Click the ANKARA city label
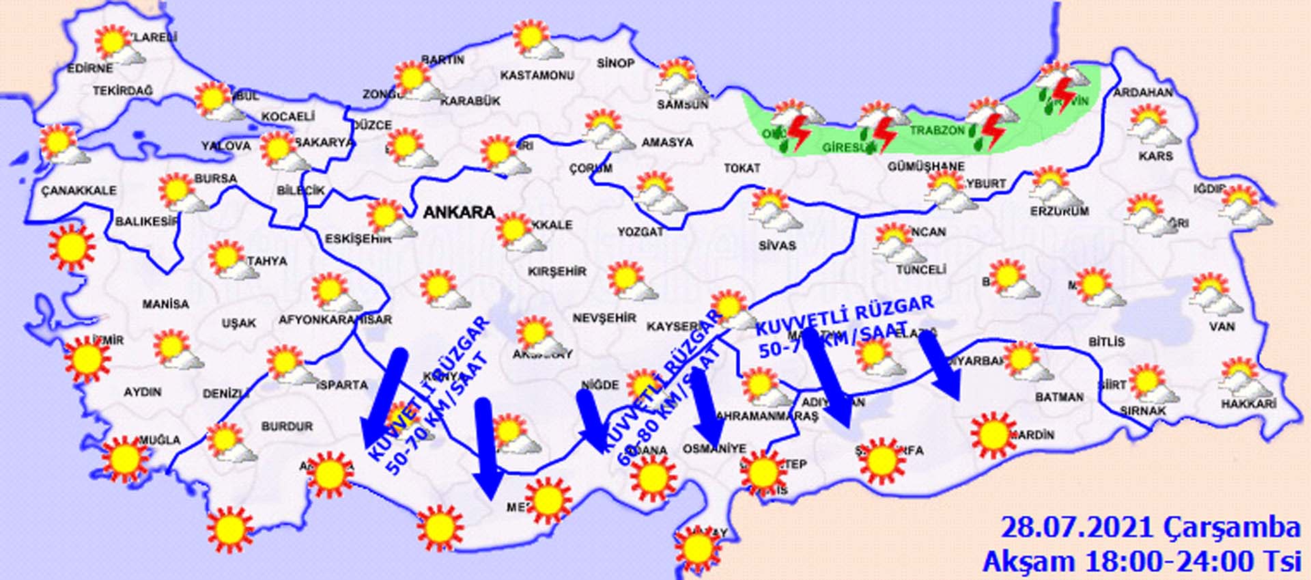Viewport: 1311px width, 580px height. pyautogui.click(x=459, y=212)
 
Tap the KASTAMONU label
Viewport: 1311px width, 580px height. pyautogui.click(x=537, y=75)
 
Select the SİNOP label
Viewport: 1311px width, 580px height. pyautogui.click(x=615, y=64)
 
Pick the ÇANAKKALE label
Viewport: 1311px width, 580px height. pyautogui.click(x=79, y=191)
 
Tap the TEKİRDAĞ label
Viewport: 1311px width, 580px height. pyautogui.click(x=123, y=91)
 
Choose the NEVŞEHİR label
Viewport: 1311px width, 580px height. pyautogui.click(x=604, y=318)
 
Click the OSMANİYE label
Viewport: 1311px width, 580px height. pyautogui.click(x=714, y=449)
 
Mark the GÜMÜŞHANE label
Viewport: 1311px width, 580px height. pyautogui.click(x=926, y=167)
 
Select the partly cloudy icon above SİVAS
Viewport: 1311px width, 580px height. pyautogui.click(x=774, y=209)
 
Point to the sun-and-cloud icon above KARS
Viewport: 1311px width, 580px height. pyautogui.click(x=1151, y=125)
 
